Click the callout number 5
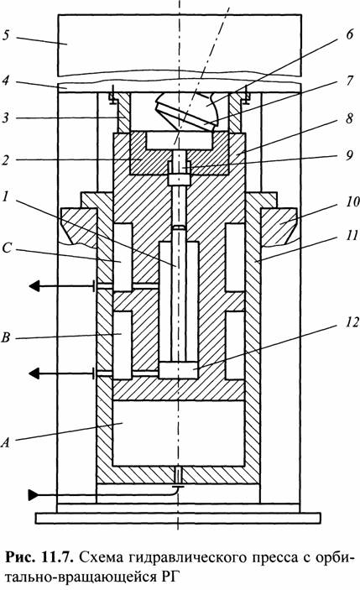(x=7, y=36)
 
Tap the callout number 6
(x=349, y=34)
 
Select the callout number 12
(x=352, y=322)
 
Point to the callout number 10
(x=352, y=201)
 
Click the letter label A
(x=5, y=442)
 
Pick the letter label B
(x=6, y=337)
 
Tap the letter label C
(x=7, y=248)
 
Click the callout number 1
(x=5, y=196)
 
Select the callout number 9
(x=349, y=154)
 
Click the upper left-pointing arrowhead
(x=34, y=286)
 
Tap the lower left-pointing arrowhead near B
(x=34, y=373)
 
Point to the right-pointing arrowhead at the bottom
(x=34, y=495)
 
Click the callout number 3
(x=5, y=117)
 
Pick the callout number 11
(x=352, y=236)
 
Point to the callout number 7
(x=349, y=80)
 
